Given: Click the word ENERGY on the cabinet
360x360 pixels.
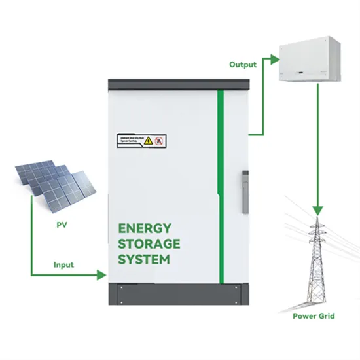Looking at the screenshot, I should tap(145, 228).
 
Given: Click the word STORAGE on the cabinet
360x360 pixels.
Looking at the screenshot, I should tap(149, 243).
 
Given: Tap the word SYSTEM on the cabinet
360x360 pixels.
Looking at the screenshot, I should tap(144, 259).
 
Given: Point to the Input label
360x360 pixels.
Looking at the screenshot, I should tap(63, 265).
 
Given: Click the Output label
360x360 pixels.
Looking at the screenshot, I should tap(242, 65).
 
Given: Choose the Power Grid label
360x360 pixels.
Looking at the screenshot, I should tap(314, 317).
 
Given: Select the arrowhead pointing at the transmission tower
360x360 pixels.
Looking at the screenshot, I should tap(317, 211).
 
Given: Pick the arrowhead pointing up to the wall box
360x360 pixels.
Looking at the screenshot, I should tap(272, 58).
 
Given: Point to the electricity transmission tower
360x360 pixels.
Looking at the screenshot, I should tap(314, 262).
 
